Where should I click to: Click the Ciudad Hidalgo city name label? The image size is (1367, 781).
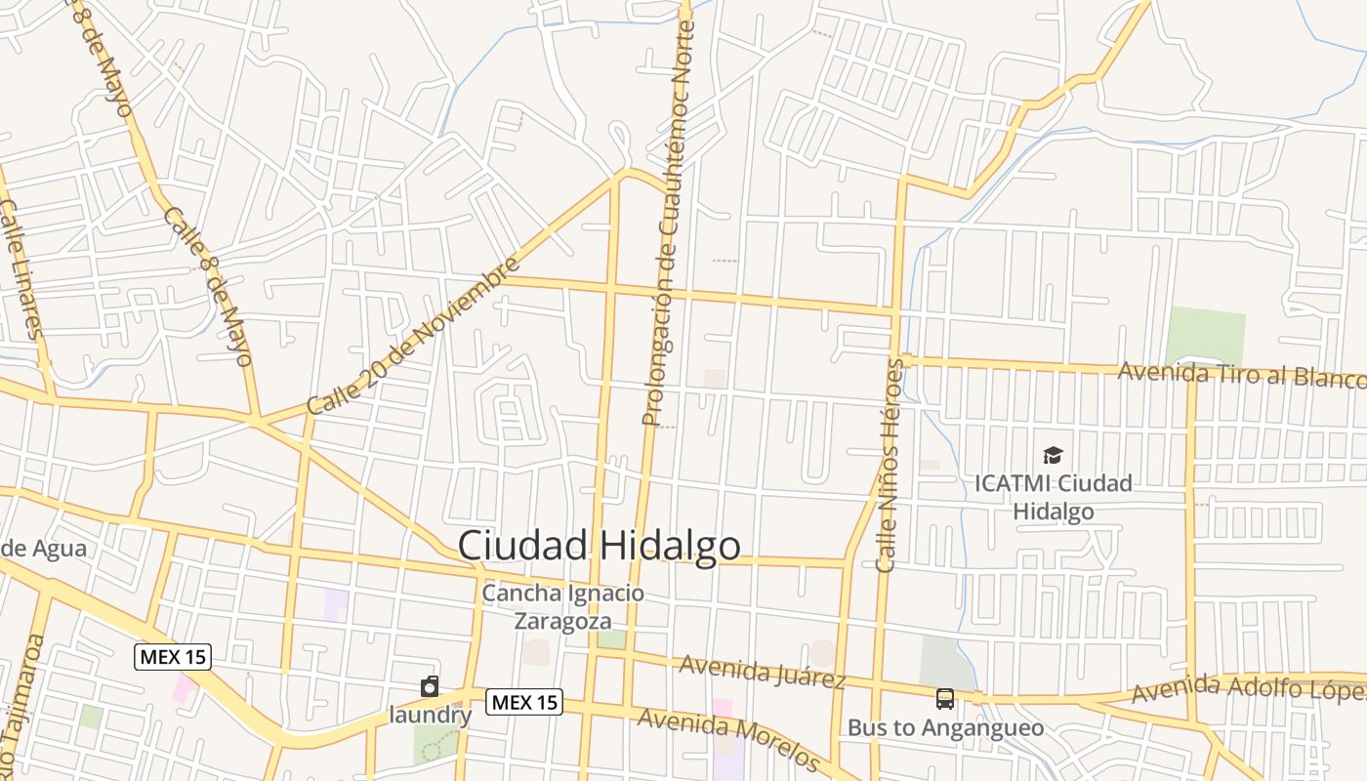(599, 545)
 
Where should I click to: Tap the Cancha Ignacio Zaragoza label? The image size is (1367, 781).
(563, 606)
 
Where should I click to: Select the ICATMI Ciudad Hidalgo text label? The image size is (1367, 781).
(1054, 497)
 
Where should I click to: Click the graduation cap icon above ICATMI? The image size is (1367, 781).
(1053, 455)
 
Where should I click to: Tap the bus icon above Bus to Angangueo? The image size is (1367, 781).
(945, 699)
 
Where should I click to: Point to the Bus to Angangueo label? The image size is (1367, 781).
(945, 727)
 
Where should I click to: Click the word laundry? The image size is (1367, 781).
(431, 715)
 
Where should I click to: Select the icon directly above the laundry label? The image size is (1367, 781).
(430, 687)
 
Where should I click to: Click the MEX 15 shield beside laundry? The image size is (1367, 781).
(525, 701)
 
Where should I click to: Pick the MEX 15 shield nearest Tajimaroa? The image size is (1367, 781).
(173, 656)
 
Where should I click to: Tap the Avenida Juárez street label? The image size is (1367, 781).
(763, 672)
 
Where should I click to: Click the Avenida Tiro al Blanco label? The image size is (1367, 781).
(1241, 374)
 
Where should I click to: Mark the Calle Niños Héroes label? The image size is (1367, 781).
(889, 465)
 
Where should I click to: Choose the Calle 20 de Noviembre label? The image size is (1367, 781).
(413, 335)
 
